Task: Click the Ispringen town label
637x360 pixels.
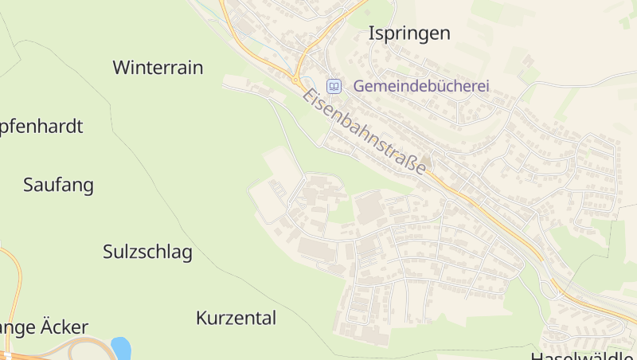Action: click(x=409, y=33)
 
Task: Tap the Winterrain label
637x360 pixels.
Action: click(x=158, y=68)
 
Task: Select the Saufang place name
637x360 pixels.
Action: click(x=58, y=186)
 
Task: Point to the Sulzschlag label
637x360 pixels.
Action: click(x=147, y=252)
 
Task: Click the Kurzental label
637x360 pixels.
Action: click(x=236, y=319)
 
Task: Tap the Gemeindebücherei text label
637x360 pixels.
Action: click(x=421, y=86)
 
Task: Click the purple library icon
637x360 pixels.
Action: click(x=334, y=86)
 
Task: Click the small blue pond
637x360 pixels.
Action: click(x=121, y=348)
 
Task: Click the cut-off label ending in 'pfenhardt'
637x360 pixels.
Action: click(x=41, y=127)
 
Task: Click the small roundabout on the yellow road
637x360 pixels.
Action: click(x=296, y=80)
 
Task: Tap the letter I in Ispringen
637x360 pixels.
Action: click(x=371, y=33)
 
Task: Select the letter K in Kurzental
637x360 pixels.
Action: click(x=201, y=319)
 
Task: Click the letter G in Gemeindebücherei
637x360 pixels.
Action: click(x=359, y=86)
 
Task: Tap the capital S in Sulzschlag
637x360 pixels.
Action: click(x=108, y=252)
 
